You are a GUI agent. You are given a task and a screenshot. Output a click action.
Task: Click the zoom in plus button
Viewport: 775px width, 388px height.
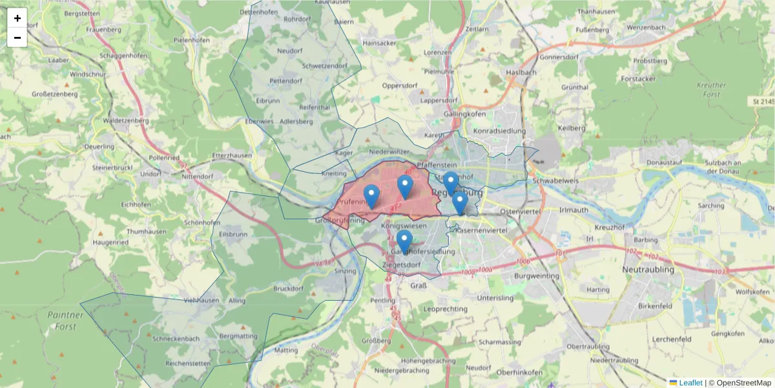point(17,18)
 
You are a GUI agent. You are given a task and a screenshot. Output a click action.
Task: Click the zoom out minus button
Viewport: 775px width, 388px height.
point(17,38)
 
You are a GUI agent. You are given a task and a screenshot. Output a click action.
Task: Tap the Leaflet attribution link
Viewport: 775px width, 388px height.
point(690,383)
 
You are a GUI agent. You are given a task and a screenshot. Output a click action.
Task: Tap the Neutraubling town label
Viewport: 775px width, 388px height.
point(648,268)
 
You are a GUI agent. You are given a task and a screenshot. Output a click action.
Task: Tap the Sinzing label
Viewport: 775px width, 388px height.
point(345,271)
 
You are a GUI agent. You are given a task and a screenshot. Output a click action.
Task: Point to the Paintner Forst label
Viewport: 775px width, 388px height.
point(66,321)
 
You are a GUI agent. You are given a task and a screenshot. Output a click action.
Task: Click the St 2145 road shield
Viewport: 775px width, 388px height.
point(762,102)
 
